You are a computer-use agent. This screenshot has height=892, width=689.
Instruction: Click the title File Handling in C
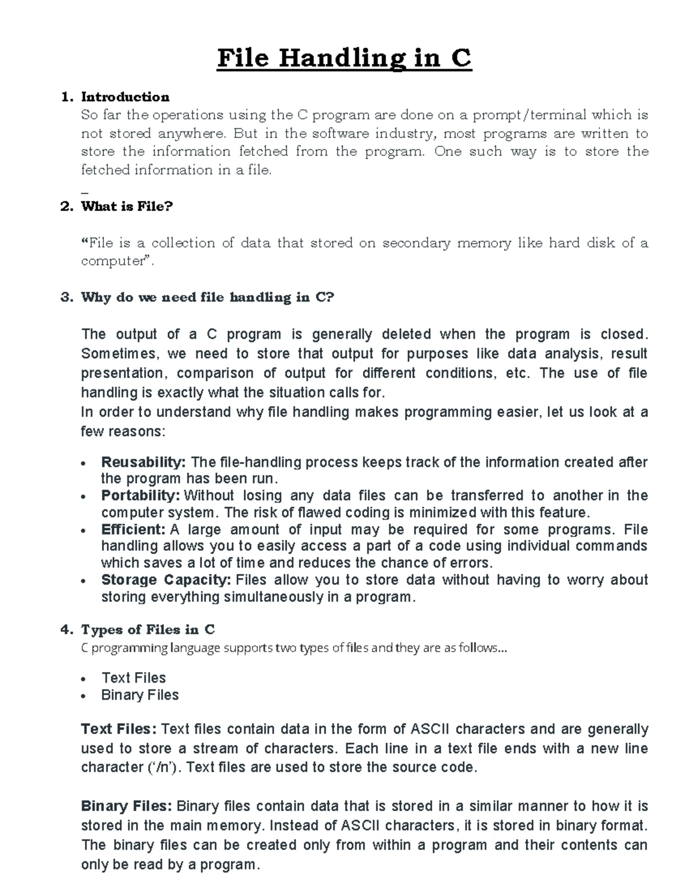click(x=344, y=59)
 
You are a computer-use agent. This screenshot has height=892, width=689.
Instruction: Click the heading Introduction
click(x=125, y=96)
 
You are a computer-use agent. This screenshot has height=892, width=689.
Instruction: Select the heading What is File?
click(x=127, y=206)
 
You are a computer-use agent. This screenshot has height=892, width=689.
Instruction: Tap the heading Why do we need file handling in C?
click(x=207, y=297)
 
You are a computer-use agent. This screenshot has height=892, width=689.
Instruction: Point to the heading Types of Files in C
click(x=148, y=630)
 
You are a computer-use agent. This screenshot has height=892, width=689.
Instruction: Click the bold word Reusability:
click(x=144, y=462)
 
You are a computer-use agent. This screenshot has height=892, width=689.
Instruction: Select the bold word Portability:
click(x=141, y=495)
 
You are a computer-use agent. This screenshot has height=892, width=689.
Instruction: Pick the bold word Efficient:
click(x=133, y=529)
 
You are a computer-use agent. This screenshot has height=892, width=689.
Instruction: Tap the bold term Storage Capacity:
click(x=166, y=580)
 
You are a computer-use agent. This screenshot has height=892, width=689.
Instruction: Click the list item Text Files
click(x=134, y=678)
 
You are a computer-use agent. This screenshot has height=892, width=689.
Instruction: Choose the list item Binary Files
click(x=140, y=695)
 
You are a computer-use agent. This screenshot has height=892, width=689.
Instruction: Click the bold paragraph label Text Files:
click(x=119, y=729)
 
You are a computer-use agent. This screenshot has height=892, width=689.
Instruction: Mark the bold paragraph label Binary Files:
click(x=126, y=806)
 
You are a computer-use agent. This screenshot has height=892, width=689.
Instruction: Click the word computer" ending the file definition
click(x=117, y=261)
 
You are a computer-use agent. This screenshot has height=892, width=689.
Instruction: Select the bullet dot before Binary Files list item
click(x=84, y=696)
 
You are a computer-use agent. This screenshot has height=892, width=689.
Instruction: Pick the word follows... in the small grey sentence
click(x=483, y=648)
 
